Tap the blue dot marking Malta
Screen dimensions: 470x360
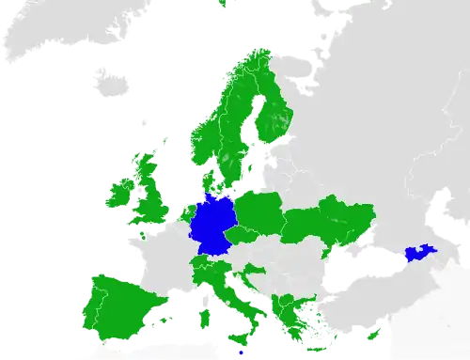tap(242, 352)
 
